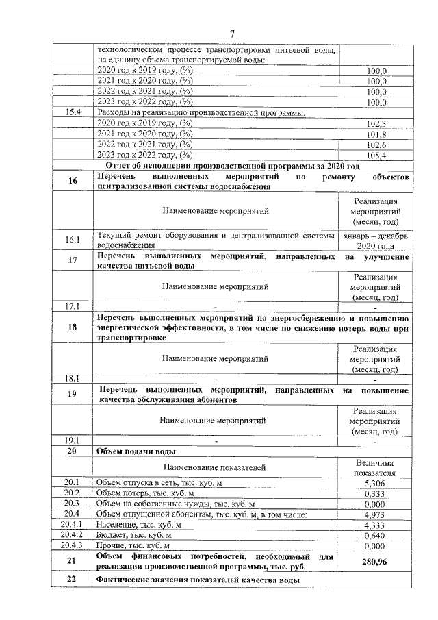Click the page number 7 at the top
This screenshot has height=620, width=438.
pos(232,34)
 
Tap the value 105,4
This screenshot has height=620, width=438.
pos(376,156)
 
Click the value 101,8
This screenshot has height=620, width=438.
pos(376,134)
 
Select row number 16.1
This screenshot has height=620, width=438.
pos(72,240)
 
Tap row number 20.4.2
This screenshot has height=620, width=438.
pos(72,535)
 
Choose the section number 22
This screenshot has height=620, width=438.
pos(72,580)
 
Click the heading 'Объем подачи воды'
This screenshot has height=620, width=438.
pos(137,451)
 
